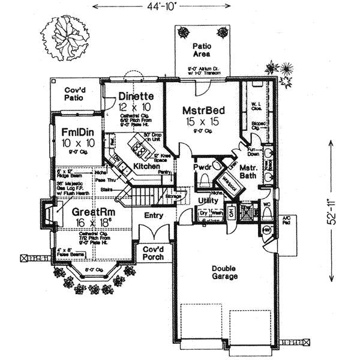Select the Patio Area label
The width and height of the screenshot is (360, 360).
199,50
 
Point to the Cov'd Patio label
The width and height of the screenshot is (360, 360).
76,94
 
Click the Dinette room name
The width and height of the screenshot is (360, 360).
136,96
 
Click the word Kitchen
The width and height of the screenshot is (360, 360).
146,166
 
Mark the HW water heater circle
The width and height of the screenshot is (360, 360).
266,229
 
